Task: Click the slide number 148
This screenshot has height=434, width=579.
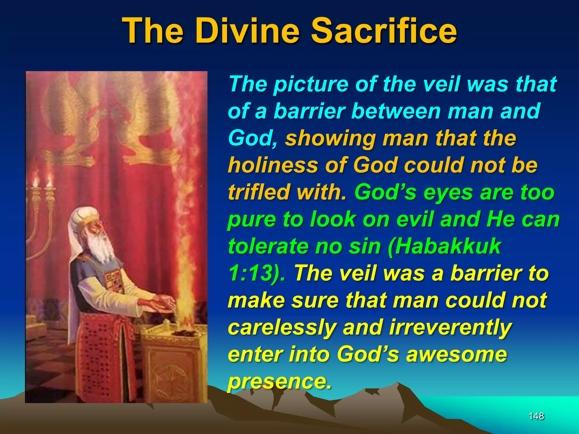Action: point(536,416)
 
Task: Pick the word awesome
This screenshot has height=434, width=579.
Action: point(456,354)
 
